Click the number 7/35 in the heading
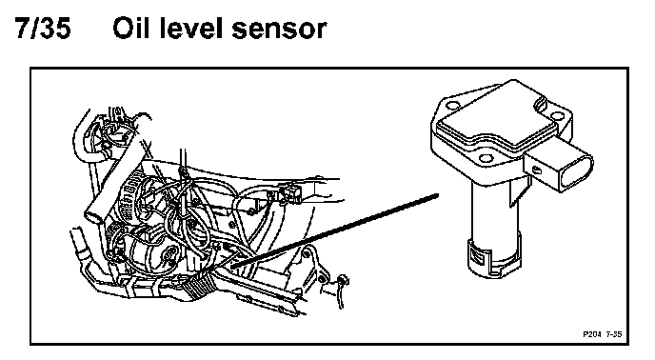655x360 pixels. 43,29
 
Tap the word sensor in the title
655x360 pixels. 279,30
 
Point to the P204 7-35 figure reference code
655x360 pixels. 603,334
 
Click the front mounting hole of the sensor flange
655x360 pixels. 486,158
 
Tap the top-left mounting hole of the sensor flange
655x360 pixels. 451,105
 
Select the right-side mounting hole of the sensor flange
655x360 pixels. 557,116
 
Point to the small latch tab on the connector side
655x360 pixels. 536,170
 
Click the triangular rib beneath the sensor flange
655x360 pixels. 517,191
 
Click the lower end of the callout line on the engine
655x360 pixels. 232,265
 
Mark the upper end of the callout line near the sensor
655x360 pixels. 437,195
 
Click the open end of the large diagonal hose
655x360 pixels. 92,217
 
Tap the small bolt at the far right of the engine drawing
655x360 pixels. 344,279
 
